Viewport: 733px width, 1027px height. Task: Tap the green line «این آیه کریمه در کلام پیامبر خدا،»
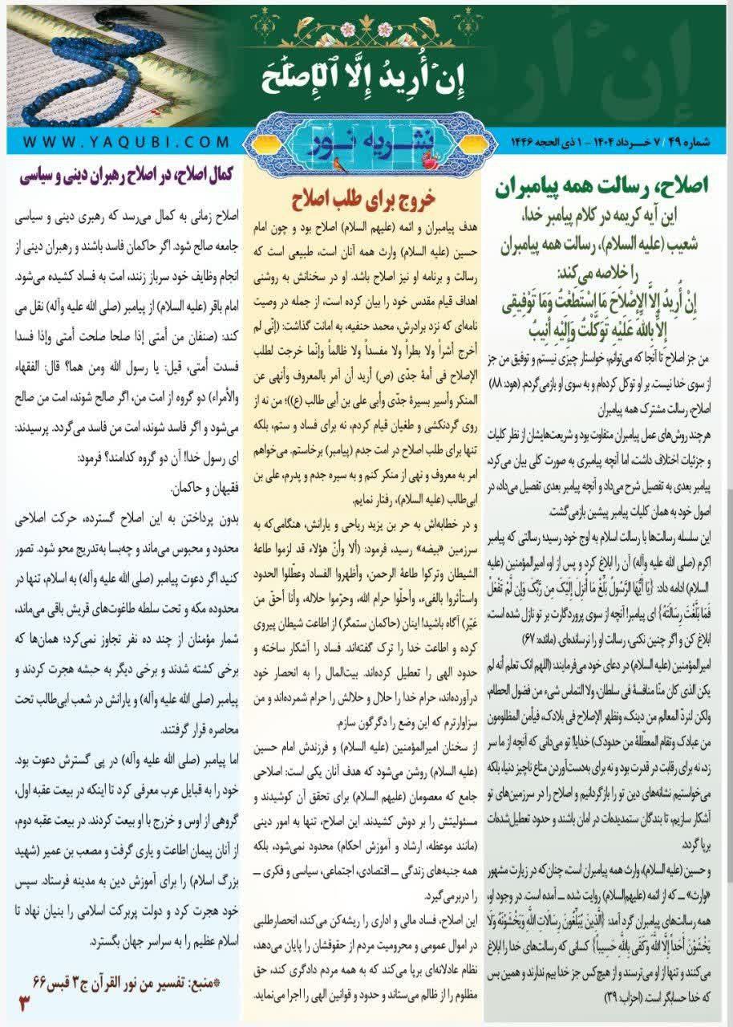(610, 215)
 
